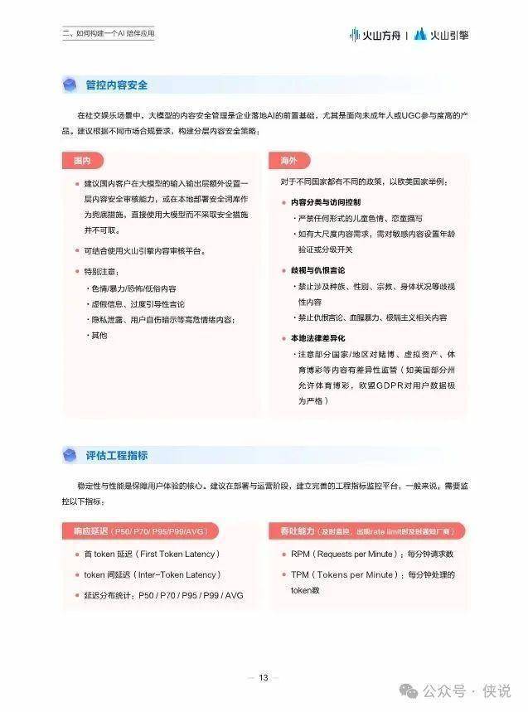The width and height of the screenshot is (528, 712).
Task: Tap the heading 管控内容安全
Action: [x=117, y=85]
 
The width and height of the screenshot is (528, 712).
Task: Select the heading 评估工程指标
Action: [x=117, y=455]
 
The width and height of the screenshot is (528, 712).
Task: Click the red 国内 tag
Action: [x=81, y=159]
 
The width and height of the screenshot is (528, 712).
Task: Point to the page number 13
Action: [x=264, y=678]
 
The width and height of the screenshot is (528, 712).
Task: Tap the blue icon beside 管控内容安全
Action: [x=70, y=85]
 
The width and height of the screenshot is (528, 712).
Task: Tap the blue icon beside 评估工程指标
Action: [x=70, y=455]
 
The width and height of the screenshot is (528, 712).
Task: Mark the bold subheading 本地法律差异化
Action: [x=317, y=339]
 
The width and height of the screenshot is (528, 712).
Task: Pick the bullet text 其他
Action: [x=99, y=336]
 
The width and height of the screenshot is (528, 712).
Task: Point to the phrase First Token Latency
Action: [x=176, y=555]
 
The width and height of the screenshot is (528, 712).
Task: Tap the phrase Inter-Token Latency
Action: [x=177, y=574]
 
